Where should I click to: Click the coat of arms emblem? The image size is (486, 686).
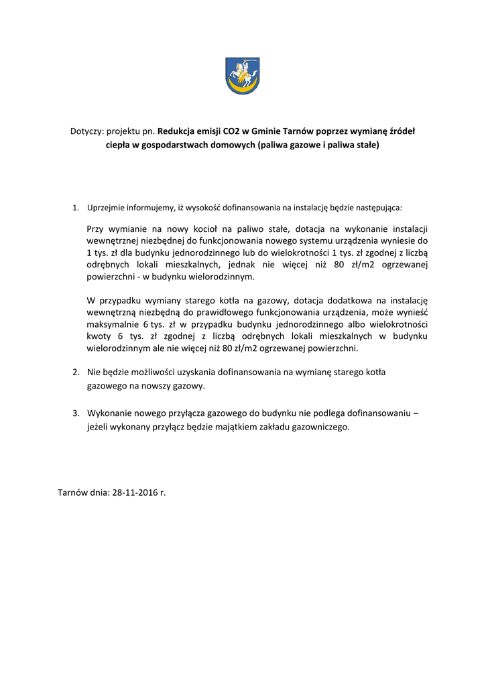coord(243,75)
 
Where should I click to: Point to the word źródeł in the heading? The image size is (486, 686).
coord(402,131)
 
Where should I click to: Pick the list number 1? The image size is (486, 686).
coord(75,208)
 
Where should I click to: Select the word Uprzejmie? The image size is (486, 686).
coord(104,208)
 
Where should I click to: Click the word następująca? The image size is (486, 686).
coord(378,208)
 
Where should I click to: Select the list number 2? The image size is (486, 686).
coord(75,372)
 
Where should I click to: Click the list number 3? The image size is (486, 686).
coord(75,413)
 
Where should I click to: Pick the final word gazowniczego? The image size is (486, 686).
coord(322,427)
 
